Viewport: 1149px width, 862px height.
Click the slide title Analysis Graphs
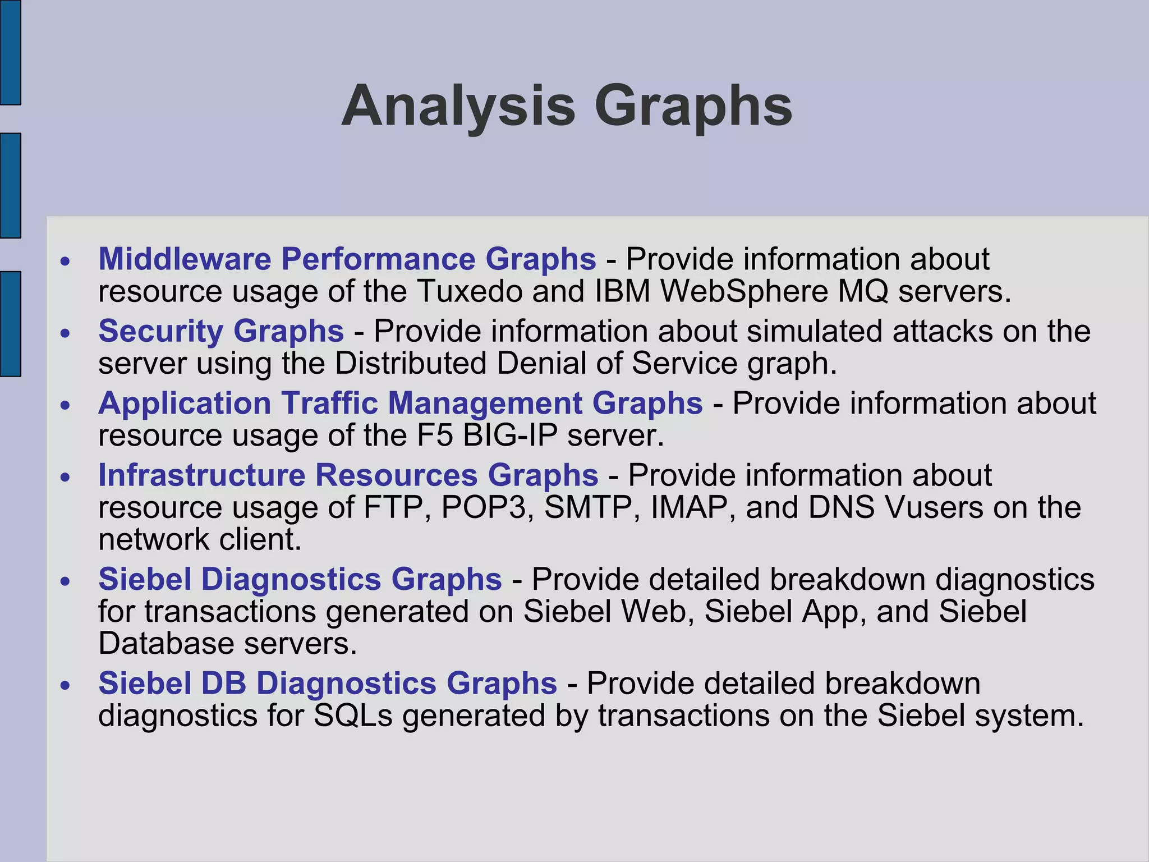coord(567,107)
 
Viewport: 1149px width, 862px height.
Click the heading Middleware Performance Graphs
coord(347,259)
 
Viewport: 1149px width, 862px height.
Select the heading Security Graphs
coord(221,331)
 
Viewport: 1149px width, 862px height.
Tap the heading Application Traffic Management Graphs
coord(400,403)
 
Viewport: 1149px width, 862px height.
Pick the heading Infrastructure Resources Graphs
coord(348,475)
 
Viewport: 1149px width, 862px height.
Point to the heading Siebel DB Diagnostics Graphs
coord(328,683)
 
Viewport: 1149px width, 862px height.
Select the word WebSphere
coord(744,291)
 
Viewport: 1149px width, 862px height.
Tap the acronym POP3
coord(488,507)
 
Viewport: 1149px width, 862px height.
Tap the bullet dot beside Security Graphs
coord(66,333)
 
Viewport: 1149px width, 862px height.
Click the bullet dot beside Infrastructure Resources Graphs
coord(66,478)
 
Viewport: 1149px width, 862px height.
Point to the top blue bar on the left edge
coord(10,52)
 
